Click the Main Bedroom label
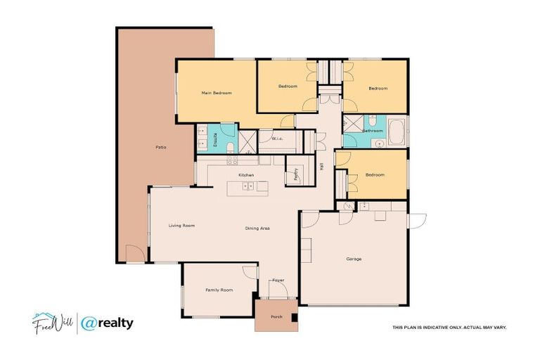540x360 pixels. pyautogui.click(x=217, y=93)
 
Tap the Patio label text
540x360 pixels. pyautogui.click(x=160, y=147)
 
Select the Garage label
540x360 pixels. pyautogui.click(x=354, y=259)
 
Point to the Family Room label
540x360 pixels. pyautogui.click(x=219, y=290)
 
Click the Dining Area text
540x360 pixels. pyautogui.click(x=257, y=229)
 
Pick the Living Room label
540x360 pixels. pyautogui.click(x=181, y=226)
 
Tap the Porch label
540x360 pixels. pyautogui.click(x=277, y=317)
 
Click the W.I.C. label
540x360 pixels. pyautogui.click(x=277, y=139)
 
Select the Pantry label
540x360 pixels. pyautogui.click(x=296, y=173)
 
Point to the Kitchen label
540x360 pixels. pyautogui.click(x=245, y=174)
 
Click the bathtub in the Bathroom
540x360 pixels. pyautogui.click(x=397, y=132)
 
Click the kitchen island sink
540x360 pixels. pyautogui.click(x=247, y=186)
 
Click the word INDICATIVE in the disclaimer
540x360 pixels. pyautogui.click(x=432, y=328)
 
